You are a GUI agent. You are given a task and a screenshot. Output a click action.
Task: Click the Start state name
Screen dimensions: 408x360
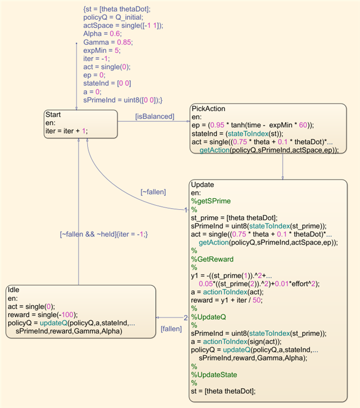point(54,114)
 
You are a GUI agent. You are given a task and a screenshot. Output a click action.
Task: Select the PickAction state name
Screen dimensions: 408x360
point(208,109)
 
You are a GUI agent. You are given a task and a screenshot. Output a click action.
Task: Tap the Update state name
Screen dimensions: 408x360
point(202,184)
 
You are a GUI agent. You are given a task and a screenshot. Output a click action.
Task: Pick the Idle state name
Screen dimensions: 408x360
point(14,289)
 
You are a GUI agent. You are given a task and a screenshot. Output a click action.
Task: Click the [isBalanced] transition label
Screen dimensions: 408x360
point(155,117)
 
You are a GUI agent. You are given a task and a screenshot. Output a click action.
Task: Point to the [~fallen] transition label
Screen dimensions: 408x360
point(154,192)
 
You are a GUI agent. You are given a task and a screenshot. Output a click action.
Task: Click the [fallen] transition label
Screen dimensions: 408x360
point(170,329)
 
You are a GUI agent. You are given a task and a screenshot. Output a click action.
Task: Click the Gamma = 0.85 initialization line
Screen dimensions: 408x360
point(108,42)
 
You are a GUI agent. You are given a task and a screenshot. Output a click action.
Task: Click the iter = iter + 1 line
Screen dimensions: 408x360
point(66,131)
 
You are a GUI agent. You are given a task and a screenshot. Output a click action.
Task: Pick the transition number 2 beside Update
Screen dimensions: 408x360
point(186,317)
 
